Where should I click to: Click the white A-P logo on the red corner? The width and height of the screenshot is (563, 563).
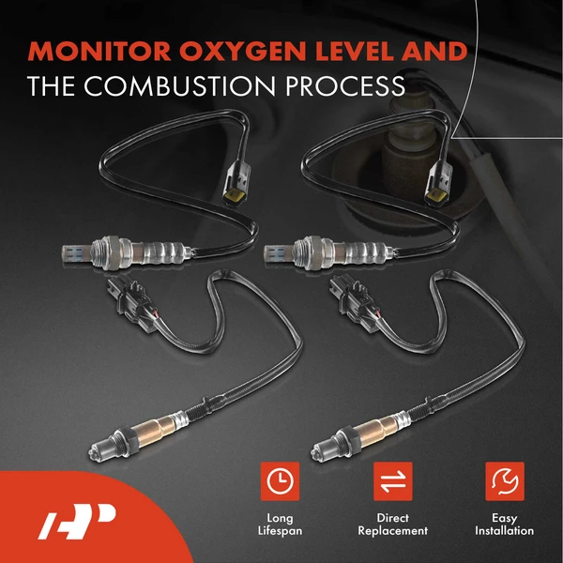(x=77, y=519)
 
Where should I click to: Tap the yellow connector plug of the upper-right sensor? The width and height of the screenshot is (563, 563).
(x=437, y=187)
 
